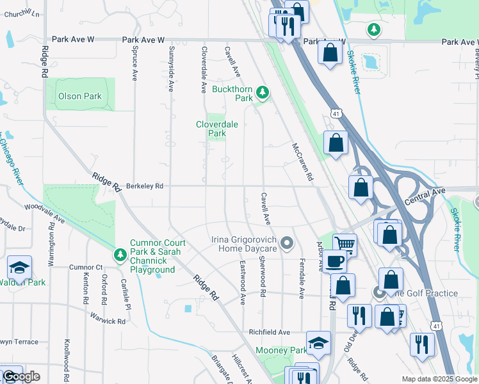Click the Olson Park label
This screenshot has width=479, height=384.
(x=80, y=97)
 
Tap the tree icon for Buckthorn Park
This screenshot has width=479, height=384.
(x=262, y=93)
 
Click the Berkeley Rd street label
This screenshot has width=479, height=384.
(x=145, y=186)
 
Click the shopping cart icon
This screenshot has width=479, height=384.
(x=345, y=243)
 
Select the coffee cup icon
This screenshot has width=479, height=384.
(x=334, y=260)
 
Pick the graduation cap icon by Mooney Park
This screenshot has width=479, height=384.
(x=318, y=343)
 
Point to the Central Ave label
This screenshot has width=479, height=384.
(x=424, y=196)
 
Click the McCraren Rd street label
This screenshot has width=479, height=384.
(x=302, y=161)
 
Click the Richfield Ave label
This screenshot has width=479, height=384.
(x=270, y=333)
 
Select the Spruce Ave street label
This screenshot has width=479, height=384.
(x=134, y=63)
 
